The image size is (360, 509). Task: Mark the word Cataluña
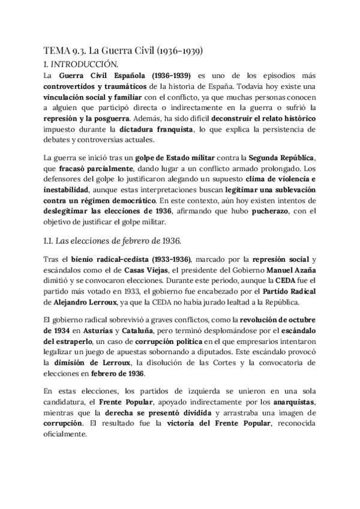pos(122,331)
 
